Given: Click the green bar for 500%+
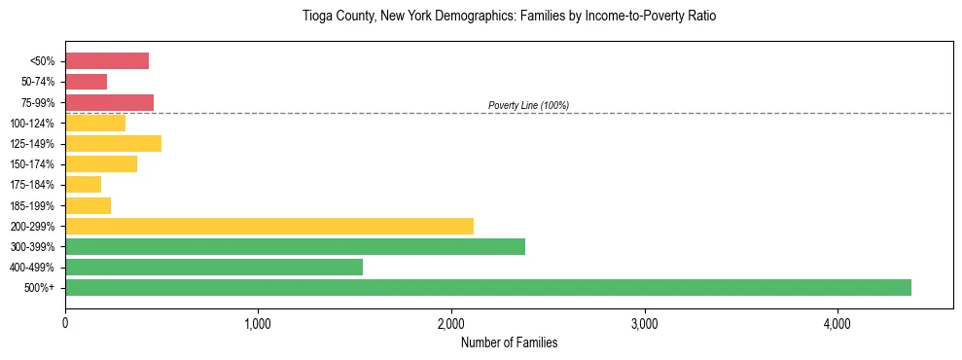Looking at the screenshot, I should pyautogui.click(x=487, y=287).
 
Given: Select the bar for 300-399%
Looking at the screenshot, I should pyautogui.click(x=295, y=246).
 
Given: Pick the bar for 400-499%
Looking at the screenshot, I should pyautogui.click(x=214, y=267).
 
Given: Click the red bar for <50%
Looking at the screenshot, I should pyautogui.click(x=107, y=61).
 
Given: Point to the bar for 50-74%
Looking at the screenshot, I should pyautogui.click(x=86, y=82).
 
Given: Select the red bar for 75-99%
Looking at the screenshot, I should pyautogui.click(x=109, y=102).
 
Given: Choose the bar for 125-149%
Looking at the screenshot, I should pyautogui.click(x=113, y=144).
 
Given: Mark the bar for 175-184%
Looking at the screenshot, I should pyautogui.click(x=83, y=185).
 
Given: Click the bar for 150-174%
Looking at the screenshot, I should pyautogui.click(x=101, y=164).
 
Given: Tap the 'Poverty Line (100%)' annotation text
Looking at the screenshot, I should pyautogui.click(x=528, y=105).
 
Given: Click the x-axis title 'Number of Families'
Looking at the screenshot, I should pyautogui.click(x=509, y=342).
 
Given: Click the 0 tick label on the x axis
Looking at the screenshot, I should pyautogui.click(x=65, y=323).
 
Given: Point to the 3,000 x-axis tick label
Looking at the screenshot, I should pyautogui.click(x=644, y=323).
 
